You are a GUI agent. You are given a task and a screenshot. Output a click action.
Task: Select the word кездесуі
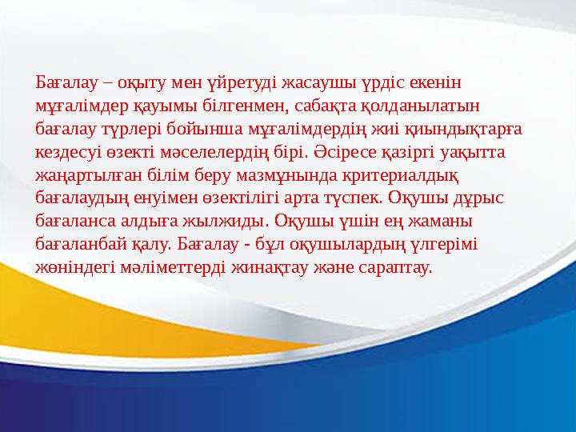[68, 150]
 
